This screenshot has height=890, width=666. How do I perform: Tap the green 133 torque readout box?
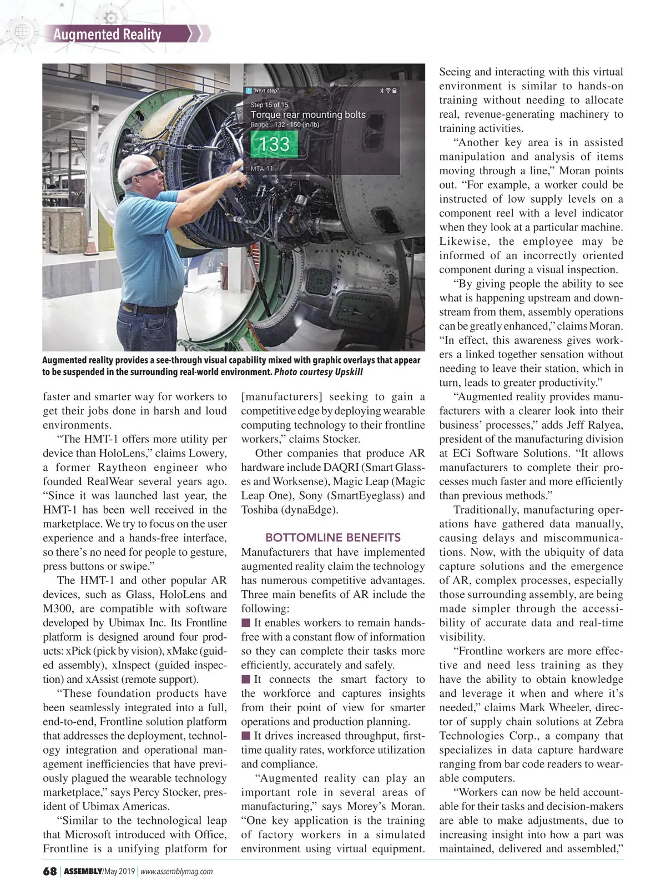(274, 144)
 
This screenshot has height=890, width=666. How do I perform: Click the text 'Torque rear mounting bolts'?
(308, 115)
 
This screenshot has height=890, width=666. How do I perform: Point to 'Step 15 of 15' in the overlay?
(269, 104)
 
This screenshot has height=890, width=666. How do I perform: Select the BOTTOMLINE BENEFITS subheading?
(332, 537)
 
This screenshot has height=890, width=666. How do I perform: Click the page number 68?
(50, 871)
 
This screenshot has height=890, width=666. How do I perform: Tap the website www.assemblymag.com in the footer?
(176, 872)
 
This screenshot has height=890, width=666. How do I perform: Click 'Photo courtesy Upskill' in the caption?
(319, 372)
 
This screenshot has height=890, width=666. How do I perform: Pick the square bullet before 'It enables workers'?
(246, 623)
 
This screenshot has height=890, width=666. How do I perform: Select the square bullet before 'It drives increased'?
(246, 736)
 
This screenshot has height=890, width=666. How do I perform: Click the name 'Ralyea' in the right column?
(606, 425)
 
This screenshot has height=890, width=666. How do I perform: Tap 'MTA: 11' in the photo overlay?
(261, 168)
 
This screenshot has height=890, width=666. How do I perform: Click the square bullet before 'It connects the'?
(246, 680)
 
